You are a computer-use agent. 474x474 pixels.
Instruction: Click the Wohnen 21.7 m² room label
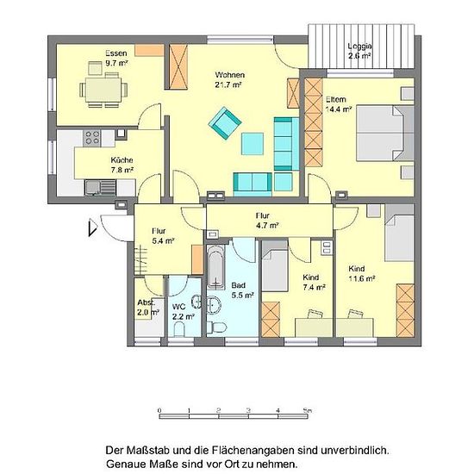[229, 80]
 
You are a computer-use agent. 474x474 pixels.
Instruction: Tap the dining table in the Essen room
[103, 90]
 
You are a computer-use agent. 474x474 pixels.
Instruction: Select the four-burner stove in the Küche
[92, 138]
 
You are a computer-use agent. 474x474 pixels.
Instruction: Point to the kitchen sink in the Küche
[100, 187]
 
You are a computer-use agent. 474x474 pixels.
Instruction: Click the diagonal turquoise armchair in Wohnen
[225, 123]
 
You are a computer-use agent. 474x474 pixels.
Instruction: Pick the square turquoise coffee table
[253, 144]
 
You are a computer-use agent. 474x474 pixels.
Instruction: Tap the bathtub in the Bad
[215, 267]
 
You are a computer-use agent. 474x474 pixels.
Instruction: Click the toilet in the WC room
[179, 329]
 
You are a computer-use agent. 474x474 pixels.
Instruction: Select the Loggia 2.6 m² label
[359, 51]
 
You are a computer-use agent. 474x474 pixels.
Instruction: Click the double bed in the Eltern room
[385, 134]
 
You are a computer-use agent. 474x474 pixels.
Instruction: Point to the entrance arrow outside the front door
[92, 228]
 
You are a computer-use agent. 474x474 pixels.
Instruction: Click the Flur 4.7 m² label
[266, 221]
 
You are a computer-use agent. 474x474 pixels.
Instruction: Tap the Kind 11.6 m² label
[362, 273]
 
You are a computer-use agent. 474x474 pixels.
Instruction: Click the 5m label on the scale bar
[308, 410]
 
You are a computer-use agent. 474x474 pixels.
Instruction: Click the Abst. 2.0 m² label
[148, 308]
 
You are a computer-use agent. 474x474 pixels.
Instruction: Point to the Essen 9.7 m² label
[116, 58]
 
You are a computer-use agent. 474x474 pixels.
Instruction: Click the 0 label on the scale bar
[159, 410]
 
